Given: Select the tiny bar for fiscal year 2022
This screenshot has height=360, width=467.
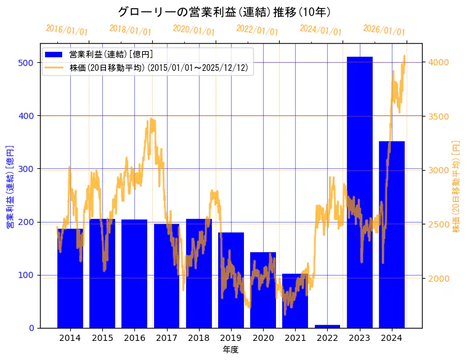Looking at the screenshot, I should pos(327,326).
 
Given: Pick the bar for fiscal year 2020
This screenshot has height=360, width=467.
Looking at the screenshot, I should pos(263,290).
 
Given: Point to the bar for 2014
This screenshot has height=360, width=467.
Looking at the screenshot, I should pos(70,278).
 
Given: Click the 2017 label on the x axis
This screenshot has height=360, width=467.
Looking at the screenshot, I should pos(166,338).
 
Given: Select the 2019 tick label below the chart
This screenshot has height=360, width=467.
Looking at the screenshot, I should pos(231,338).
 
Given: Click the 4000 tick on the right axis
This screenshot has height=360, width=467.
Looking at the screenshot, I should pos(439,62).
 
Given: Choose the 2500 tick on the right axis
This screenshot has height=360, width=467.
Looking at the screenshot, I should pos(439,224).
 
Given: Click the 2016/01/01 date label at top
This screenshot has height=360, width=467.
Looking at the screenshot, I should pos(67,30).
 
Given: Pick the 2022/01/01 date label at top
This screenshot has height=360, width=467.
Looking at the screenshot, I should pos(257,30).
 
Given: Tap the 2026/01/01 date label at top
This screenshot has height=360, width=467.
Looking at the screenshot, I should pos(384,30).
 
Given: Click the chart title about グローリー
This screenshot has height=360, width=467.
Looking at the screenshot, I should pos(224,12).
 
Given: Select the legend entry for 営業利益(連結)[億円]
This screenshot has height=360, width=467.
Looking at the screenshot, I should pos(111,55).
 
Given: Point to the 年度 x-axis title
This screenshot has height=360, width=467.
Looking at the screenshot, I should pos(231,350).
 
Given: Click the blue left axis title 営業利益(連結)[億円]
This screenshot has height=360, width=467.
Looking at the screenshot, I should pos(10,186).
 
